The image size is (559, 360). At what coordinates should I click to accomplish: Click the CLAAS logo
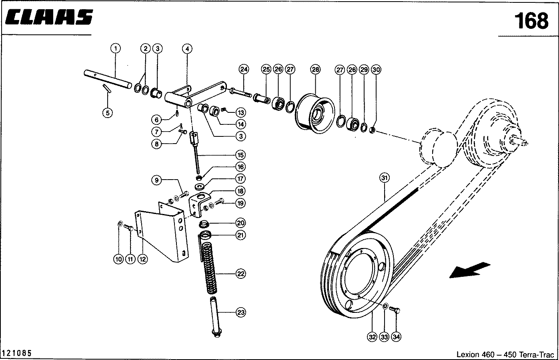(49, 17)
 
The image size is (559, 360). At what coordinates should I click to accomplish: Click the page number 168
(531, 20)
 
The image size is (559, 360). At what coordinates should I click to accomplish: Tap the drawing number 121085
(17, 353)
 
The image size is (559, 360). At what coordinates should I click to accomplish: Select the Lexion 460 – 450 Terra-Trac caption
(505, 354)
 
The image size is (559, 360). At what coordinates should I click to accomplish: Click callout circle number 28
(315, 69)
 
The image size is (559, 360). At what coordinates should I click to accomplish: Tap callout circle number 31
(384, 178)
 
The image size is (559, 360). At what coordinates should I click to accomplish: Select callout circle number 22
(240, 274)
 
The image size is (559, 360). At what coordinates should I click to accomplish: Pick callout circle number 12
(142, 259)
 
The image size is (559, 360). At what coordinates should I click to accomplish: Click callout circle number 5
(107, 113)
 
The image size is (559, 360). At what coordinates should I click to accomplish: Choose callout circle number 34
(396, 337)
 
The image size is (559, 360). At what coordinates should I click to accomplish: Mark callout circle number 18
(240, 191)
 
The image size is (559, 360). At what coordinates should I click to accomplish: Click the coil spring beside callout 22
(209, 266)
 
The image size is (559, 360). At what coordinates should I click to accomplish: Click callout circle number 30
(376, 69)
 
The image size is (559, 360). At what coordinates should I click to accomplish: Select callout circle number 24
(244, 69)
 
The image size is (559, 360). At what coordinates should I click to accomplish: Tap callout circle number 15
(240, 155)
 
